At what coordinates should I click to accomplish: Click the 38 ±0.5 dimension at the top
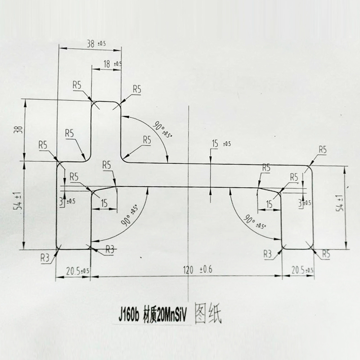tap(95, 44)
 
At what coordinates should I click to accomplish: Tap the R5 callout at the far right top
tap(322, 150)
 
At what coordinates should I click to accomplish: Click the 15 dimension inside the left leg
tap(104, 203)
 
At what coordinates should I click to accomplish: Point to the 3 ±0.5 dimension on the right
tap(305, 202)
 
